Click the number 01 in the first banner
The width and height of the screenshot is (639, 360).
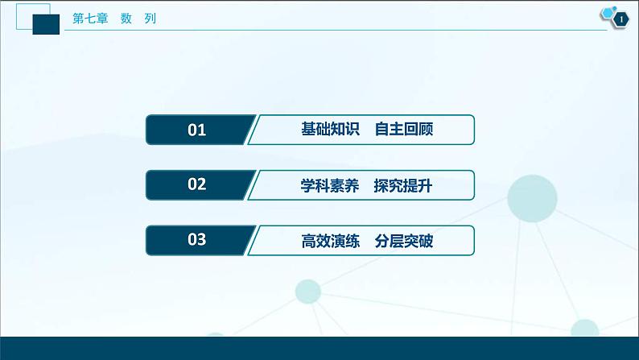197,130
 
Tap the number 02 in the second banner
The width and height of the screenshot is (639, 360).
197,184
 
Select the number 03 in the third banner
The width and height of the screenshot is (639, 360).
197,240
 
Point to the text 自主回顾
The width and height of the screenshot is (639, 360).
404,130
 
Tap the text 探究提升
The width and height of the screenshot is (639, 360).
404,185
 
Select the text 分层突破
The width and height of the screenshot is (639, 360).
404,241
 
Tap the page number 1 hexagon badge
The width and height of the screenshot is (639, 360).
620,19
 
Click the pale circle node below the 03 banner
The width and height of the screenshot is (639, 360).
309,290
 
